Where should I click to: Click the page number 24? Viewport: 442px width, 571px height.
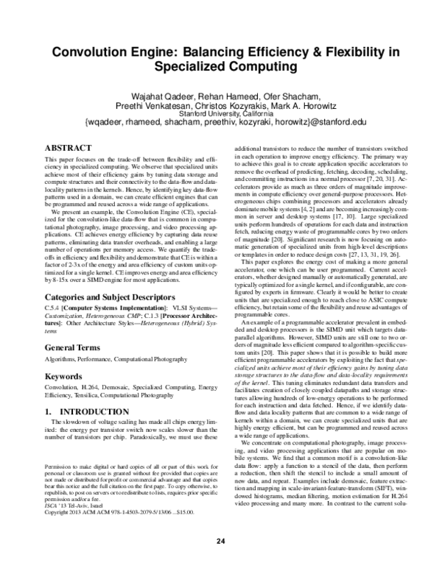coord(220,542)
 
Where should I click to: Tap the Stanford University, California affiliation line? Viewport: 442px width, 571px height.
coord(220,114)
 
